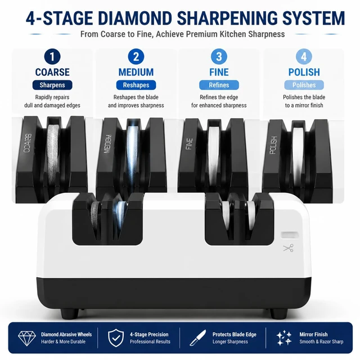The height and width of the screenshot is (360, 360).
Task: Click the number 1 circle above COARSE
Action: (x=52, y=56)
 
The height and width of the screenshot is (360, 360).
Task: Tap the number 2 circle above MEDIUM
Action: (x=136, y=56)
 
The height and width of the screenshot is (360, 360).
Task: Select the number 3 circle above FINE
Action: (x=219, y=56)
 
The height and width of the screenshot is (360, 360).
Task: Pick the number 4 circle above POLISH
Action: (x=304, y=56)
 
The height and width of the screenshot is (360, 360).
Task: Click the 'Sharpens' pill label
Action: (x=52, y=85)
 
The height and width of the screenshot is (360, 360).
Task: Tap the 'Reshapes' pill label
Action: (x=136, y=85)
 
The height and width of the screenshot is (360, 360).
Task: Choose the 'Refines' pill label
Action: (x=219, y=85)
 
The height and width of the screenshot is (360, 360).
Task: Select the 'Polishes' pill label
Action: (x=304, y=85)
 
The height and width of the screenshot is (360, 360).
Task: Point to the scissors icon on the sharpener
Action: (x=289, y=248)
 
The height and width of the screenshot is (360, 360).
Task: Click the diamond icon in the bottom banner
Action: (x=27, y=339)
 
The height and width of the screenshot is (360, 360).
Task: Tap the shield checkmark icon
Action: (x=116, y=338)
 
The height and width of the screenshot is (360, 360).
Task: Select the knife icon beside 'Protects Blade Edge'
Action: (x=197, y=338)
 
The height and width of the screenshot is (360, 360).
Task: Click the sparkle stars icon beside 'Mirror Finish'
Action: (x=283, y=338)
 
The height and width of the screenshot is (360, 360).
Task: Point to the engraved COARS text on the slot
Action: (x=28, y=143)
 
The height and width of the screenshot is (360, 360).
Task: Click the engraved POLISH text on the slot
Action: (x=273, y=145)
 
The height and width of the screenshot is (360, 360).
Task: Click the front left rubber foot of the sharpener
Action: (x=70, y=313)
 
